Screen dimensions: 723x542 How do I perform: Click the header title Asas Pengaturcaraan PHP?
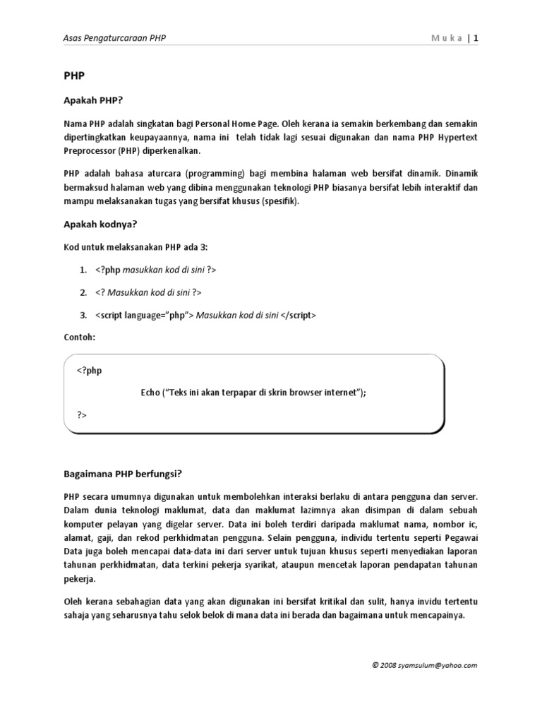click(x=115, y=38)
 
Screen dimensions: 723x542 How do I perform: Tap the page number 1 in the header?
click(x=476, y=38)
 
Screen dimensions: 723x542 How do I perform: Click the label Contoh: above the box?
click(x=79, y=337)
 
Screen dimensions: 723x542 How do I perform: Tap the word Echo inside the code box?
click(x=150, y=393)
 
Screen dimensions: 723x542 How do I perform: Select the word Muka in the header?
click(x=447, y=38)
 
